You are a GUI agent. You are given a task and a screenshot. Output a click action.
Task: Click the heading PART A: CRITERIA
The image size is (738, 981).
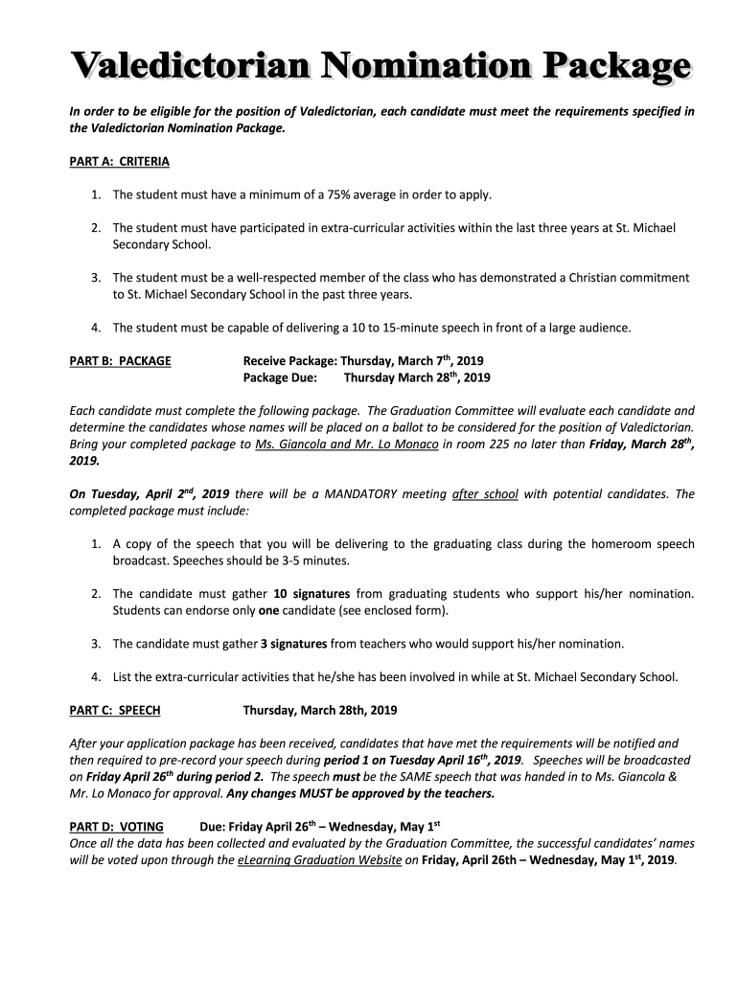click(120, 162)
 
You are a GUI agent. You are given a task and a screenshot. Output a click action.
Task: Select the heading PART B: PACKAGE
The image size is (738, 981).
click(121, 361)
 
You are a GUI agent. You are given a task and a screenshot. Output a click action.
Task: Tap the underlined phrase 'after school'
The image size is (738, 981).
click(485, 494)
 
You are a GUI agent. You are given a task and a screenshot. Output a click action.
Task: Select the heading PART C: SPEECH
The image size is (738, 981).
click(115, 710)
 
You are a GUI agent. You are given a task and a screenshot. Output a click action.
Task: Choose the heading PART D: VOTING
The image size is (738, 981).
click(117, 826)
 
